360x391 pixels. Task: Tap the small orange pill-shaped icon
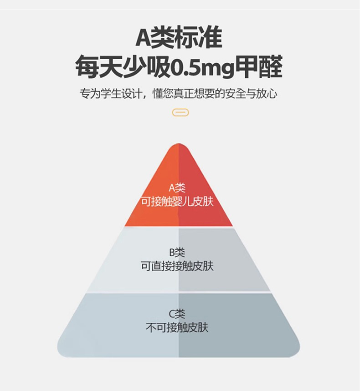point(180,112)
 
